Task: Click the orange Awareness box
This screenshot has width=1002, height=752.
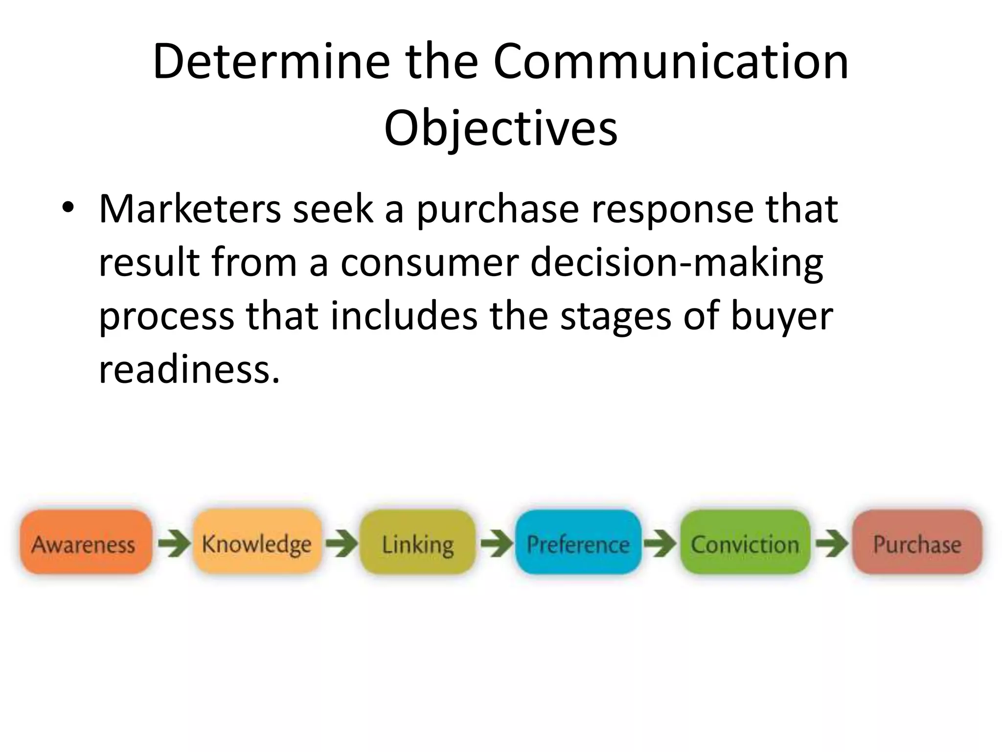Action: click(85, 542)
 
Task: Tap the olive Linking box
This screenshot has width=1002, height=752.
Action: click(417, 542)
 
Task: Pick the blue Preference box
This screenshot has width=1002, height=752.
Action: click(578, 542)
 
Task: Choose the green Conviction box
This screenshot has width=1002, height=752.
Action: click(745, 542)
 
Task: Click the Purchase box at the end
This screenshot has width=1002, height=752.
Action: click(917, 542)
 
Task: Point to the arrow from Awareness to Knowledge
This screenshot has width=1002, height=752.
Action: click(174, 543)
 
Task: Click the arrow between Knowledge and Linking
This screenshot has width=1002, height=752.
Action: click(341, 543)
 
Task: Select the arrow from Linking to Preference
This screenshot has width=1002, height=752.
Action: click(496, 543)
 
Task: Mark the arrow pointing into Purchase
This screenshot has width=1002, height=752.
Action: click(832, 543)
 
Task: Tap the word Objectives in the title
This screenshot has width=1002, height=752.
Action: click(501, 128)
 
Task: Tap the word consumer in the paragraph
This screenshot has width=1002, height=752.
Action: click(429, 263)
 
